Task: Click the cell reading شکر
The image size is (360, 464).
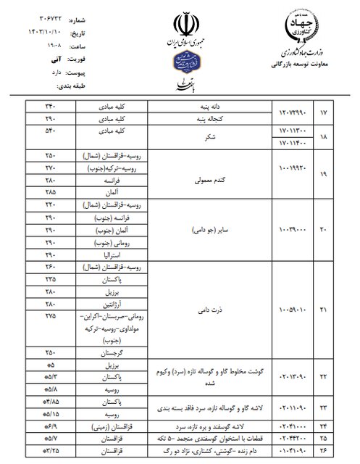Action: click(x=207, y=137)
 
